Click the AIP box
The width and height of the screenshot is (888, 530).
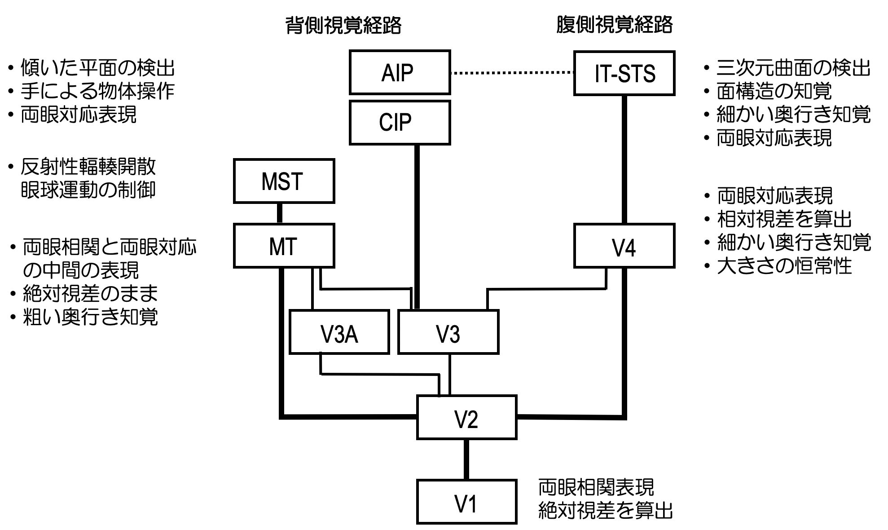tap(400, 72)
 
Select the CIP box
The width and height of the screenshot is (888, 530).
tap(400, 123)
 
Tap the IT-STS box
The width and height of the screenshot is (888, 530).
tap(624, 73)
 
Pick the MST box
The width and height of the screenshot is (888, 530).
tap(284, 181)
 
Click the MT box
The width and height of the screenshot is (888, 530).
tap(284, 246)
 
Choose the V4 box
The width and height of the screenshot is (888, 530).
tap(624, 246)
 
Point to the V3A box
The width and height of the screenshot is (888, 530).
tap(339, 332)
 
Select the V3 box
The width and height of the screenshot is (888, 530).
tap(448, 332)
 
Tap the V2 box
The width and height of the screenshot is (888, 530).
tap(466, 417)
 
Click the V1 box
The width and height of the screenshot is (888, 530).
tap(466, 502)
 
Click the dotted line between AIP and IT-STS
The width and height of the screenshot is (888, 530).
tap(512, 72)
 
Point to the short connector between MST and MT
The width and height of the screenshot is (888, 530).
tap(280, 213)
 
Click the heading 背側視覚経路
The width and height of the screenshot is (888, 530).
tap(343, 26)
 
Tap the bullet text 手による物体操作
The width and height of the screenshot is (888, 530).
tap(97, 92)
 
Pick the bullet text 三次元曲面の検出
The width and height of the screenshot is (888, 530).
tap(793, 69)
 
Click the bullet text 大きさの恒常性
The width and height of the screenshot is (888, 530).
tap(784, 266)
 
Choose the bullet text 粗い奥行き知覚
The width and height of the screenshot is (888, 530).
tap(90, 317)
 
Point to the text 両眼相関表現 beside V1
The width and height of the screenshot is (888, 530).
tap(596, 487)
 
